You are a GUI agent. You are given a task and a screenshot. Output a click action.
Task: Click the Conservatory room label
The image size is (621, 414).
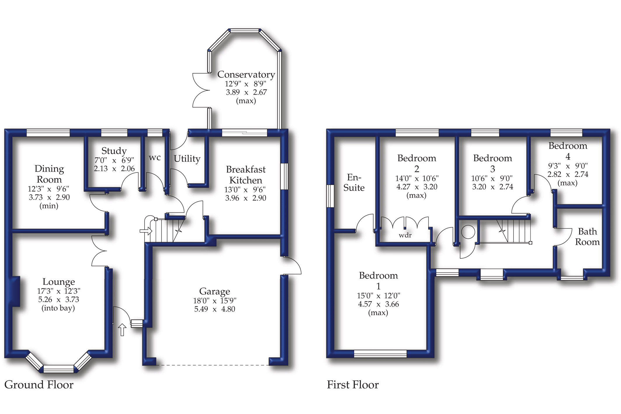[246, 75]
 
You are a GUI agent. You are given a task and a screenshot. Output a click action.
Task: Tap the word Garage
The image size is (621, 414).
[214, 291]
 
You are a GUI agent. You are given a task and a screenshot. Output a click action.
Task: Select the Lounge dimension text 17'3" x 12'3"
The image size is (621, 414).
[58, 291]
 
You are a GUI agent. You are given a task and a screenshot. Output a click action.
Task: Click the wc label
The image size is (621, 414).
[155, 158]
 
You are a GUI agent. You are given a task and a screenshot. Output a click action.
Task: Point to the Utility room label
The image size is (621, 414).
[187, 159]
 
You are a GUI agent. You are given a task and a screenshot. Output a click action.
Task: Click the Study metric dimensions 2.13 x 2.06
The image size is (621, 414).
[114, 169]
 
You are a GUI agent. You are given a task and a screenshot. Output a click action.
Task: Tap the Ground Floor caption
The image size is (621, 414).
[39, 385]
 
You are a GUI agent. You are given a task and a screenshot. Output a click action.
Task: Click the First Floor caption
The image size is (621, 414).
[353, 385]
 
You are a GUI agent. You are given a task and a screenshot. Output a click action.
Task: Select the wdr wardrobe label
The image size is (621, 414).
[405, 235]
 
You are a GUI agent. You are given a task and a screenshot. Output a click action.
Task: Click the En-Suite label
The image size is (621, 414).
[354, 182]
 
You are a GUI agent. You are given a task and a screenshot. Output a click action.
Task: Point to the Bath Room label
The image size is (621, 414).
[587, 237]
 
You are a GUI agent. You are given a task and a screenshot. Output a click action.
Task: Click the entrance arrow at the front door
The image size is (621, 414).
[122, 330]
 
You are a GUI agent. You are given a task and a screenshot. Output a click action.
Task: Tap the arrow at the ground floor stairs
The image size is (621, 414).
[146, 231]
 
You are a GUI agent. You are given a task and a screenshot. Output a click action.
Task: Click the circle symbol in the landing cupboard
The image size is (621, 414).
[468, 232]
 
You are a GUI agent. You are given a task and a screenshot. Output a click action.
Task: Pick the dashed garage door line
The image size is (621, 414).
[212, 365]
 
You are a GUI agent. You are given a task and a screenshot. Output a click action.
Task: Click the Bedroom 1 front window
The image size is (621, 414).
[380, 354]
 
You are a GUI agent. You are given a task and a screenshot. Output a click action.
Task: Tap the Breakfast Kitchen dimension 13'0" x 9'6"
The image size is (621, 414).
[246, 190]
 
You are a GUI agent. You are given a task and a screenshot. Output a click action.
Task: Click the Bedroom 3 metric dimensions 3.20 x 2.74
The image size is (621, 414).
[492, 187]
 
